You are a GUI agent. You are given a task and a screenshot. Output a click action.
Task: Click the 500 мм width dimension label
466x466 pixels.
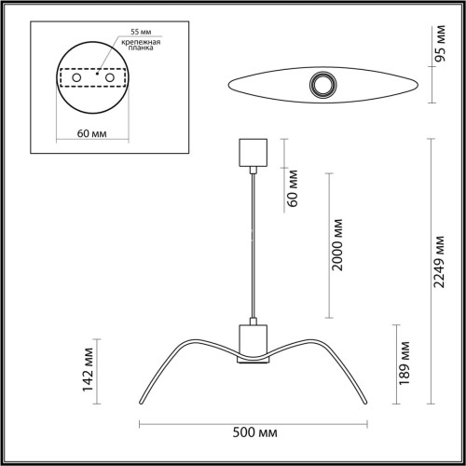pyautogui.click(x=254, y=434)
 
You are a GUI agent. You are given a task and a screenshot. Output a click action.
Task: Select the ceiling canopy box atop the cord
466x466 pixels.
pyautogui.click(x=254, y=151)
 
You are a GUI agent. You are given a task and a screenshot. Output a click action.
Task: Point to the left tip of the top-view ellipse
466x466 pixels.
pyautogui.click(x=226, y=86)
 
